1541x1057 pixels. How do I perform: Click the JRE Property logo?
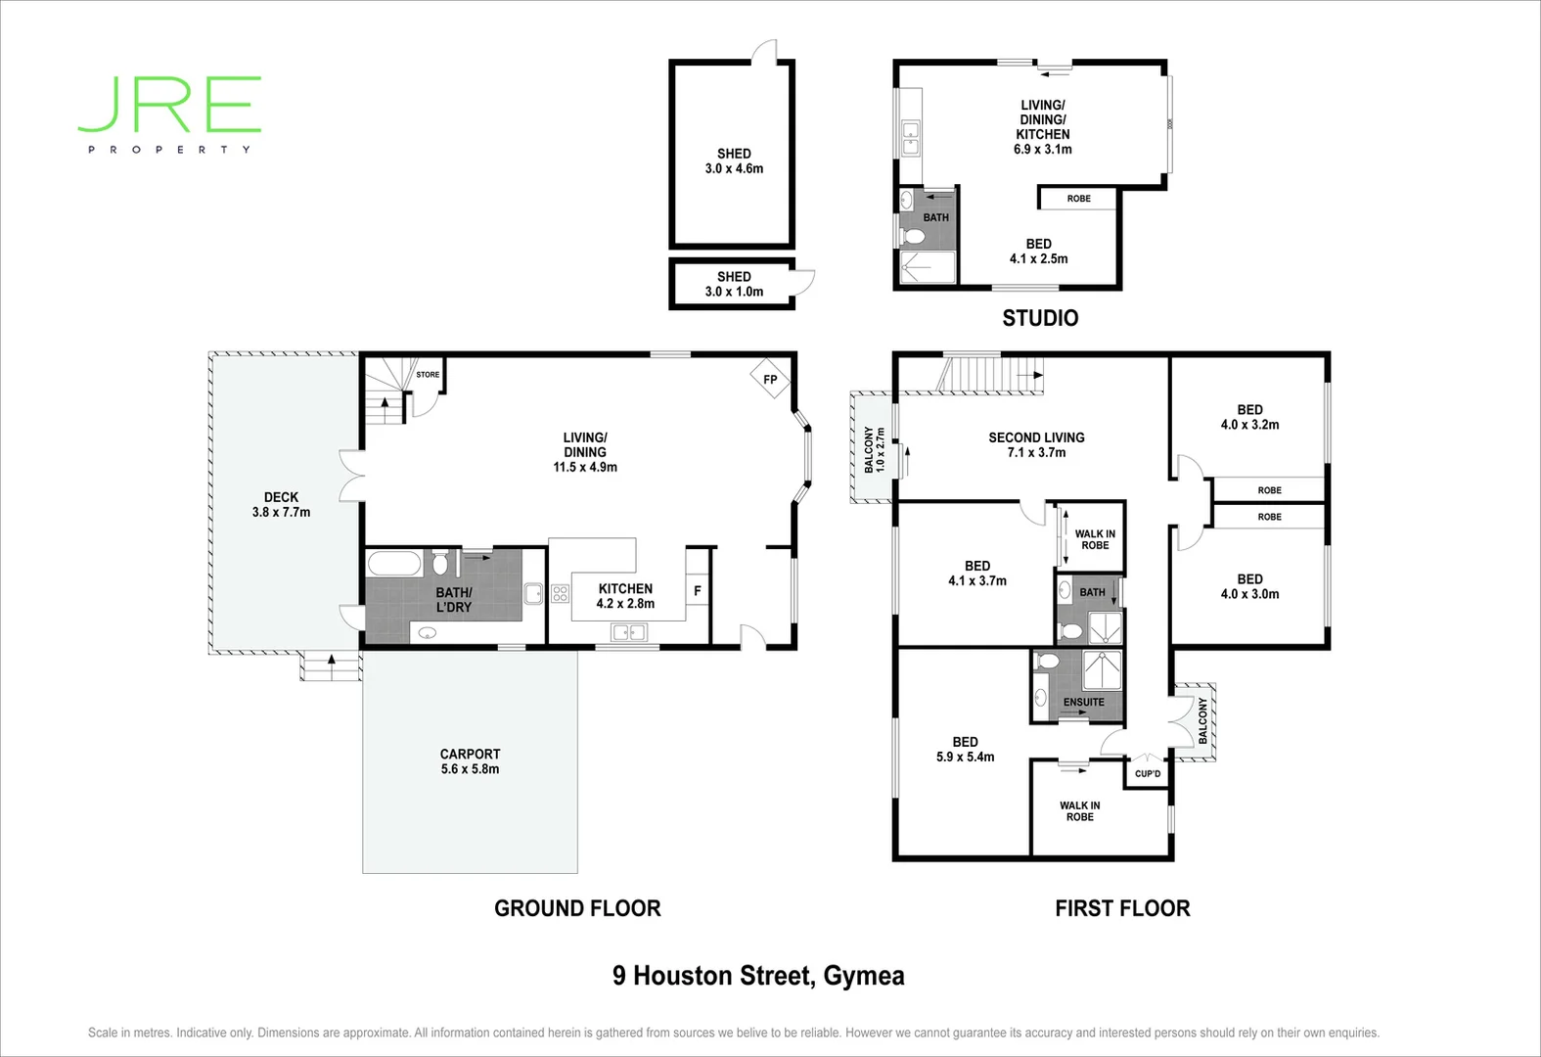coord(169,113)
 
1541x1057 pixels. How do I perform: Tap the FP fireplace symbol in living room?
coord(770,380)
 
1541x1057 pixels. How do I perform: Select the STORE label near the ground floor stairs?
coord(428,375)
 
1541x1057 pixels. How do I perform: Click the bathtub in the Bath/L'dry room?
coord(394,565)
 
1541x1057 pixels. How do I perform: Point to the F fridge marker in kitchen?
coord(698,591)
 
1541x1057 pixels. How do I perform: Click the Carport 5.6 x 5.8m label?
coord(470,761)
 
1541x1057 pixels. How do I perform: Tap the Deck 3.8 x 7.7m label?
coord(281,505)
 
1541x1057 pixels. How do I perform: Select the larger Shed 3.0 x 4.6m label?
coord(734,161)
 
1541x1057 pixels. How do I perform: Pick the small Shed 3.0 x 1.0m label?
coord(734,284)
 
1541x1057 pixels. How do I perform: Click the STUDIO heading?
coord(1040,318)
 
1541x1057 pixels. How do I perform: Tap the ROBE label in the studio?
coord(1078,199)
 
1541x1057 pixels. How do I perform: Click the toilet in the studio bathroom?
coord(915,238)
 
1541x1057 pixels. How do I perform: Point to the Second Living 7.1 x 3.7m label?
coord(1036,445)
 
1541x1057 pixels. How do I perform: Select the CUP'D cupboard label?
coord(1148,774)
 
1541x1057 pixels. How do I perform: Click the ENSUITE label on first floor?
coord(1083,702)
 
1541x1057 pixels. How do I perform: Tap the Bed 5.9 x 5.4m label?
coord(965,750)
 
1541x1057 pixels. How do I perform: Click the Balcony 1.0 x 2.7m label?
coord(874,450)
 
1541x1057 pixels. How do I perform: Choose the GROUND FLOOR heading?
coord(577,908)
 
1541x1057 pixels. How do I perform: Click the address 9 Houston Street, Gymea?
coord(758,976)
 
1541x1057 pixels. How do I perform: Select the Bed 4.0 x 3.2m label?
coord(1249,417)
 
